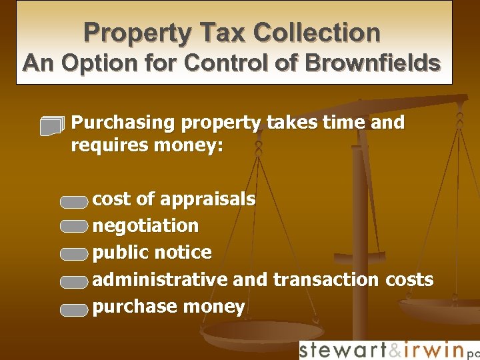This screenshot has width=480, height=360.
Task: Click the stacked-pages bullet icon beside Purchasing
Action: click(x=53, y=125)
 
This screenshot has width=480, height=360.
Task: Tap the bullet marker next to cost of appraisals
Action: click(x=73, y=200)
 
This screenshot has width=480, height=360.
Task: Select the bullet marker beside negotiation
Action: click(x=73, y=227)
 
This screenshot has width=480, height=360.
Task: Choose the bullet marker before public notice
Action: click(x=73, y=254)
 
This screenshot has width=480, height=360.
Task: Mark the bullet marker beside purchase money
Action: click(x=73, y=309)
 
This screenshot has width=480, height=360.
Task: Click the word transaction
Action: click(x=325, y=279)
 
